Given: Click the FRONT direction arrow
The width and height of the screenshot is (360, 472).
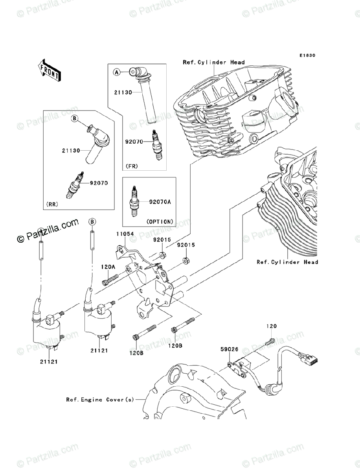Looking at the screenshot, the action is (49, 70).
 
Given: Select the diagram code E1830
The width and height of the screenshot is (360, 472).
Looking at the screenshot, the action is (308, 55).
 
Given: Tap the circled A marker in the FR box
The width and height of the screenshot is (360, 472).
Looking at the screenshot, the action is (116, 72).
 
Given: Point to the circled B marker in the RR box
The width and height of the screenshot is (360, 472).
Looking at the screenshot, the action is (75, 118).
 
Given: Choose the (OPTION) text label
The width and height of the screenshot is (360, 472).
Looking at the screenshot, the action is (160, 222).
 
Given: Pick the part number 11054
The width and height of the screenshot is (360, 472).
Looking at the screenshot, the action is (125, 234).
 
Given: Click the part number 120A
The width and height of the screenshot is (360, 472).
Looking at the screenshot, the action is (108, 267).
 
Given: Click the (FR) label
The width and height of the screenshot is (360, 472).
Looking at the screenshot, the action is (132, 166).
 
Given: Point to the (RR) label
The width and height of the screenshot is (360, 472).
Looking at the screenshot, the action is (52, 204).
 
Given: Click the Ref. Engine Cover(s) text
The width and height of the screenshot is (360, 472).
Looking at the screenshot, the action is (100, 400).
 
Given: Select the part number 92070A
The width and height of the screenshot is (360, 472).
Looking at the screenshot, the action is (160, 202).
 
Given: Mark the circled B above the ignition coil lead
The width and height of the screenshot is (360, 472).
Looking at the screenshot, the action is (92, 221).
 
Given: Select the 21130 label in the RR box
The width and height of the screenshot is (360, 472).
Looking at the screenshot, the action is (71, 151).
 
